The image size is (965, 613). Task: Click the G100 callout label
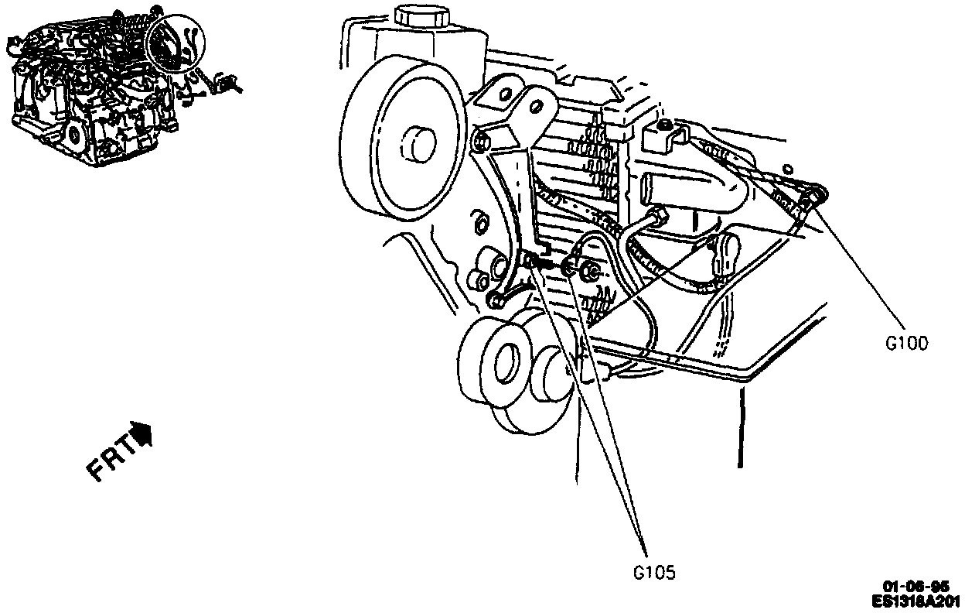point(906,343)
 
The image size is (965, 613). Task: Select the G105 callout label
point(654,574)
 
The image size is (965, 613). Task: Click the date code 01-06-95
point(918,587)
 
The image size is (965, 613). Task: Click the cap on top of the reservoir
point(420,15)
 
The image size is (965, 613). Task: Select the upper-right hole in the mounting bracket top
point(533,99)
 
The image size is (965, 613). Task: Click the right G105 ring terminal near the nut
point(568,269)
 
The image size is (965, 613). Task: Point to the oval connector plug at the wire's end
point(727,249)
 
